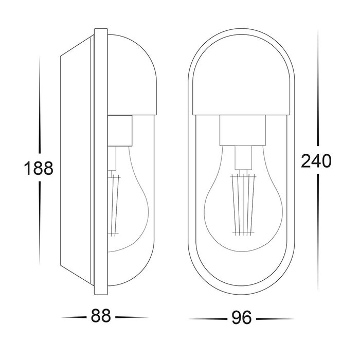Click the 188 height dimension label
(x=39, y=168)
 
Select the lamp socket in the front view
(x=242, y=131)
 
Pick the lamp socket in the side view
(x=120, y=131)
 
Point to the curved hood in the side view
(x=132, y=76)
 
